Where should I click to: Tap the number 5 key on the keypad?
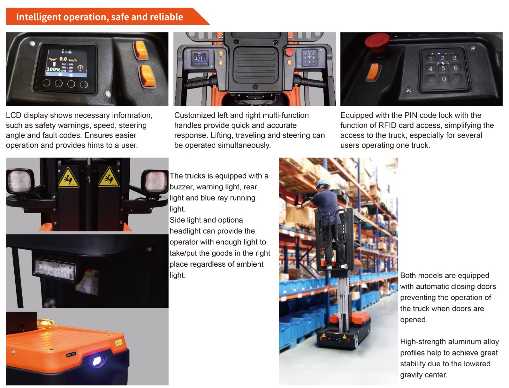coord(443,68)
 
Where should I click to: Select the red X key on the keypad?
coord(431,80)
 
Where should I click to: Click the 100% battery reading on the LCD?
coord(53,69)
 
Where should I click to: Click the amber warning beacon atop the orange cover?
coord(46,323)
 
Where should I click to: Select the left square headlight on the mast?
coord(20,181)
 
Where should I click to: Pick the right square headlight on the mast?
coord(155,181)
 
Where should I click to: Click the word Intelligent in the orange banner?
coord(39,17)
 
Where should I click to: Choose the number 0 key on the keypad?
coord(444,79)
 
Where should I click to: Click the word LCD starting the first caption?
coord(14,115)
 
